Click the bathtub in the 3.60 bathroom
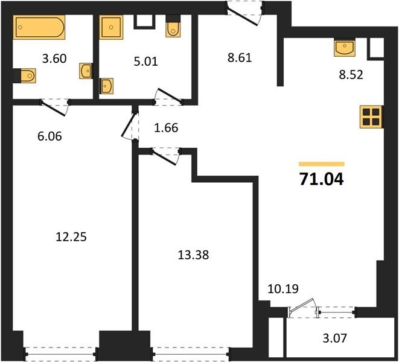tap(39, 27)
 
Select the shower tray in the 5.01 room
tap(111, 27)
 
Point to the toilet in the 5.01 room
tap(173, 26)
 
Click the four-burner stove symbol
tap(371, 117)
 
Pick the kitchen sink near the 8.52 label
tap(345, 47)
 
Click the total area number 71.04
tap(322, 179)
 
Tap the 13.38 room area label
tap(193, 255)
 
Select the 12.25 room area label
tap(71, 237)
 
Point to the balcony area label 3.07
tap(334, 338)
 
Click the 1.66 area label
tap(166, 128)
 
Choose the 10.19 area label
tap(283, 289)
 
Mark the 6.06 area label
tap(49, 136)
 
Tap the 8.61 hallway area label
tap(240, 58)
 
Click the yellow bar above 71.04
tap(322, 164)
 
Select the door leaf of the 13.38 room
tap(164, 157)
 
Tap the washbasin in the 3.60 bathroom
tap(86, 71)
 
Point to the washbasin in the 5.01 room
tap(106, 86)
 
